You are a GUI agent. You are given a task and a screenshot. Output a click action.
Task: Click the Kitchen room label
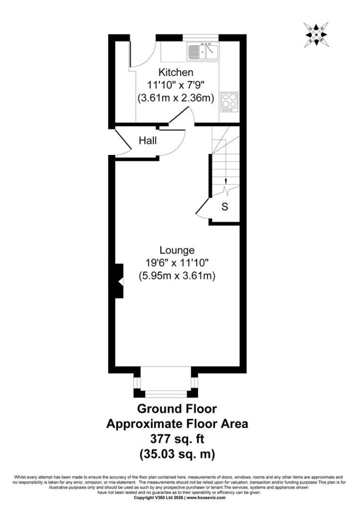point(176,72)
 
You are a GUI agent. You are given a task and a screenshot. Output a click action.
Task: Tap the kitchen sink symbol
point(203,51)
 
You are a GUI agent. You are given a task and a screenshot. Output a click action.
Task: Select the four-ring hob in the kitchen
point(229,102)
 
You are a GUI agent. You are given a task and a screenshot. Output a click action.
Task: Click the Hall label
point(148,140)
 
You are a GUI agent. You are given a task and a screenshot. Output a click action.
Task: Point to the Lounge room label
point(177,250)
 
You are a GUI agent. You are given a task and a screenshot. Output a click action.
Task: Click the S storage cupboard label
point(225,207)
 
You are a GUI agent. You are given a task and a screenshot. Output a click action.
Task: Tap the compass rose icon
point(316,35)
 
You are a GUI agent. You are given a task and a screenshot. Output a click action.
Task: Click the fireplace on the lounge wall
point(119,281)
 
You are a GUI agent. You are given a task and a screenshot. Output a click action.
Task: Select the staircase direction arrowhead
point(226,183)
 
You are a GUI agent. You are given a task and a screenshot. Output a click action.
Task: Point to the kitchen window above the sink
point(200,37)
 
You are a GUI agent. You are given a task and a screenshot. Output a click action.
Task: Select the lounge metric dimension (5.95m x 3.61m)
point(177,276)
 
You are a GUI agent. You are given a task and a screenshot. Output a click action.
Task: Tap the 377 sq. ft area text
point(177,439)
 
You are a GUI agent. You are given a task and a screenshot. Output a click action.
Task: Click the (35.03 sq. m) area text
point(177,454)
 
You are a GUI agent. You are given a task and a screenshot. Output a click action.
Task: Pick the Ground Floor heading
point(177,408)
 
